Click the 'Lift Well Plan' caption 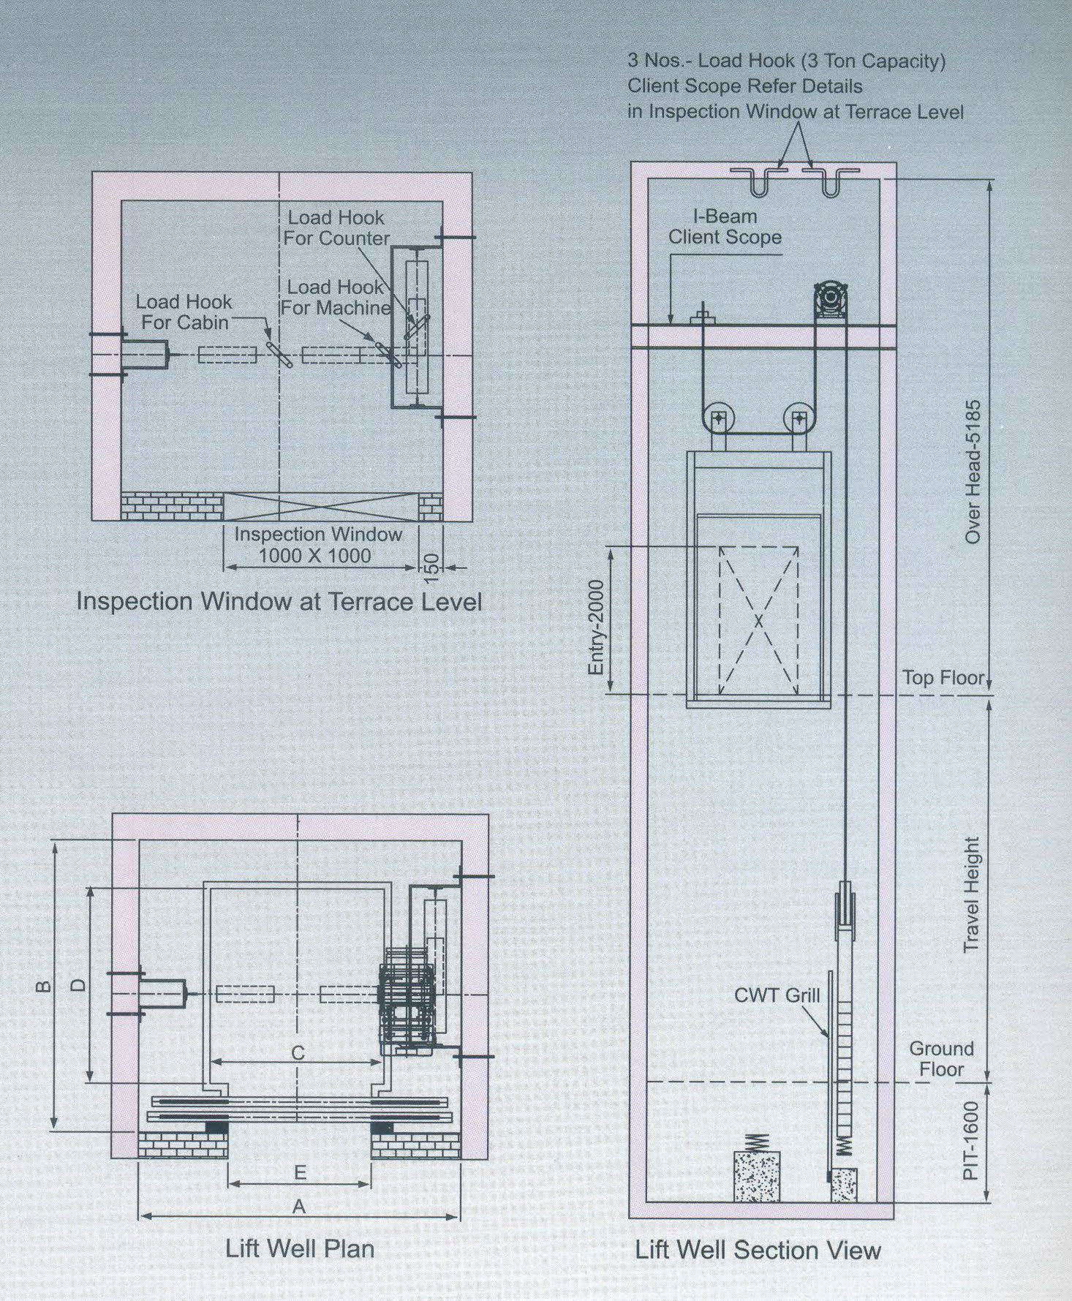[x=300, y=1249]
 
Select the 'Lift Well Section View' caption [x=758, y=1251]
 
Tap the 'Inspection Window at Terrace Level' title [x=279, y=601]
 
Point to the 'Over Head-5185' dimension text [x=973, y=472]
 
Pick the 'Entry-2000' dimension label [x=597, y=627]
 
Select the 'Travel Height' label [x=971, y=894]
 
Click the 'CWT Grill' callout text [x=777, y=995]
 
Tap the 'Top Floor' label [x=943, y=677]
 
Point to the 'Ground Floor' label [x=941, y=1059]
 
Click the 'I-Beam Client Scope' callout [x=725, y=227]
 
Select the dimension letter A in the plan [x=298, y=1207]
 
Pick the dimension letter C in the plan [x=298, y=1053]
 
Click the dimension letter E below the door [x=300, y=1173]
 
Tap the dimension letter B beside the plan [x=45, y=987]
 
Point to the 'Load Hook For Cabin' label [x=184, y=312]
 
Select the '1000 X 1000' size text [x=314, y=556]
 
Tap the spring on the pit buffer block [x=758, y=1142]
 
